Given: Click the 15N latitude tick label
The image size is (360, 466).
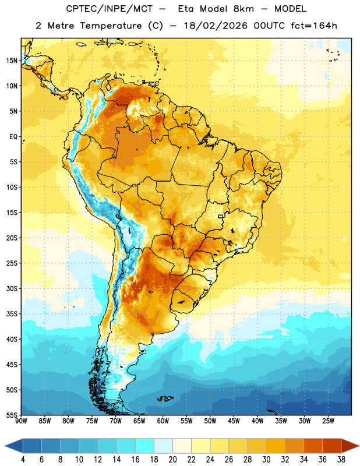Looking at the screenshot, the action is coord(12,61).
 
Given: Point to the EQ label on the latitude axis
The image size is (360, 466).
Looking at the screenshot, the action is coord(13,137).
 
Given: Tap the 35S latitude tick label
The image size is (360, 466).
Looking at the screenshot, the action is coord(12,314).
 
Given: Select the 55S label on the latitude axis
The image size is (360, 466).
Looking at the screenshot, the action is coord(12,415).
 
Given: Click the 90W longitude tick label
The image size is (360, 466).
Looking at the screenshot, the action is coord(21,421).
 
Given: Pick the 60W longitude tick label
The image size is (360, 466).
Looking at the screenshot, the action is coord(163,421).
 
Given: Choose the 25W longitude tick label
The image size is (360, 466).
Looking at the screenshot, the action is coord(328,421).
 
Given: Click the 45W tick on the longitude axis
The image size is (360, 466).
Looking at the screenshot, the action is coord(234,421).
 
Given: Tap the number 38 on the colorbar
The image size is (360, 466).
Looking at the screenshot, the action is coord(341,460).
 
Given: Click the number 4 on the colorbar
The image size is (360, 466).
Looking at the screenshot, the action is coord(23,460).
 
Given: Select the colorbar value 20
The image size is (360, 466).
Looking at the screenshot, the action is coord(172,460).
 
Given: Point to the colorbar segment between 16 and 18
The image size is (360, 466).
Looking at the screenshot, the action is coord(144,446).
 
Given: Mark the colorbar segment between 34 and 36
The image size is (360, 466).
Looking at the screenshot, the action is coord(313,446).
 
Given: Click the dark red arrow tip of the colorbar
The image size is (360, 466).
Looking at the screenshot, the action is coord(358,446).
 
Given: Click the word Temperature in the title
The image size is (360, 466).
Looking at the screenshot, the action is coord(111,26).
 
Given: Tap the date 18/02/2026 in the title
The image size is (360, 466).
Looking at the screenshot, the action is coord(216,26).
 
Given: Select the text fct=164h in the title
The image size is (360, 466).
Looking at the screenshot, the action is coord(314,26).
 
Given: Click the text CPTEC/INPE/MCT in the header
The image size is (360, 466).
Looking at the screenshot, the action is coord(109,9).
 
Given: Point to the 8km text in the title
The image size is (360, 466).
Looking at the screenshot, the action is coord(243,9).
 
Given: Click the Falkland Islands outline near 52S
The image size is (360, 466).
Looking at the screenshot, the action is coord(165,398).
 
